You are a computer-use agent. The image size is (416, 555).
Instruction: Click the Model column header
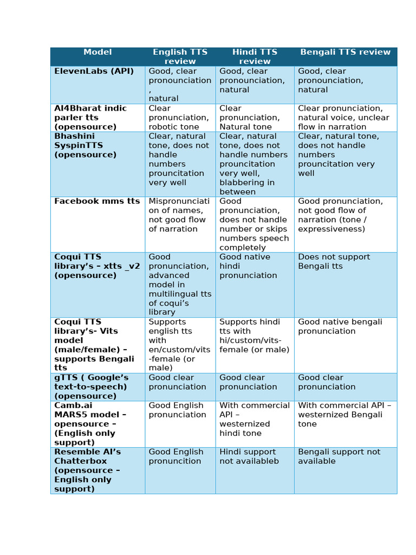point(97,53)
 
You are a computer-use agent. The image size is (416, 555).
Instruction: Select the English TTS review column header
point(180,56)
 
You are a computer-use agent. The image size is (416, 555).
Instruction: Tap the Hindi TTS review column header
point(255,56)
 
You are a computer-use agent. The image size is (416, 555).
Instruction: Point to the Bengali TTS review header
point(345,53)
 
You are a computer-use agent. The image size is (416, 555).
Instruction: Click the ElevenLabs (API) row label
point(94,71)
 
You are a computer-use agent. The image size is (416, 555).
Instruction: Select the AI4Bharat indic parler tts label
point(90,118)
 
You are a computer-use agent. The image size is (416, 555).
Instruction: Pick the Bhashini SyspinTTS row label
point(85,145)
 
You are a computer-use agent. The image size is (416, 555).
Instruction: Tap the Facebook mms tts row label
point(97,201)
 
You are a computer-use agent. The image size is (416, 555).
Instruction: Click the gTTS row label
point(91,387)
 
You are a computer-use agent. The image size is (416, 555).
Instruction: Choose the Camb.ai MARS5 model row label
point(90,424)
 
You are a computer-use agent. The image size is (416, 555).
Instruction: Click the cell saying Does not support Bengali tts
point(334,262)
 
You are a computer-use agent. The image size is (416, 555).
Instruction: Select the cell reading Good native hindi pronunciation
point(248,266)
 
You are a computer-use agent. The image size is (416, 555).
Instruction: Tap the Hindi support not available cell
point(249,456)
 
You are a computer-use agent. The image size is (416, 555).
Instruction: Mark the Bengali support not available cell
point(339,456)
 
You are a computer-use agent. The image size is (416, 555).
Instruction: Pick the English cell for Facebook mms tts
point(179,215)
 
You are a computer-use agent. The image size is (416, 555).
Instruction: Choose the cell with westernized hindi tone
point(254,420)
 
